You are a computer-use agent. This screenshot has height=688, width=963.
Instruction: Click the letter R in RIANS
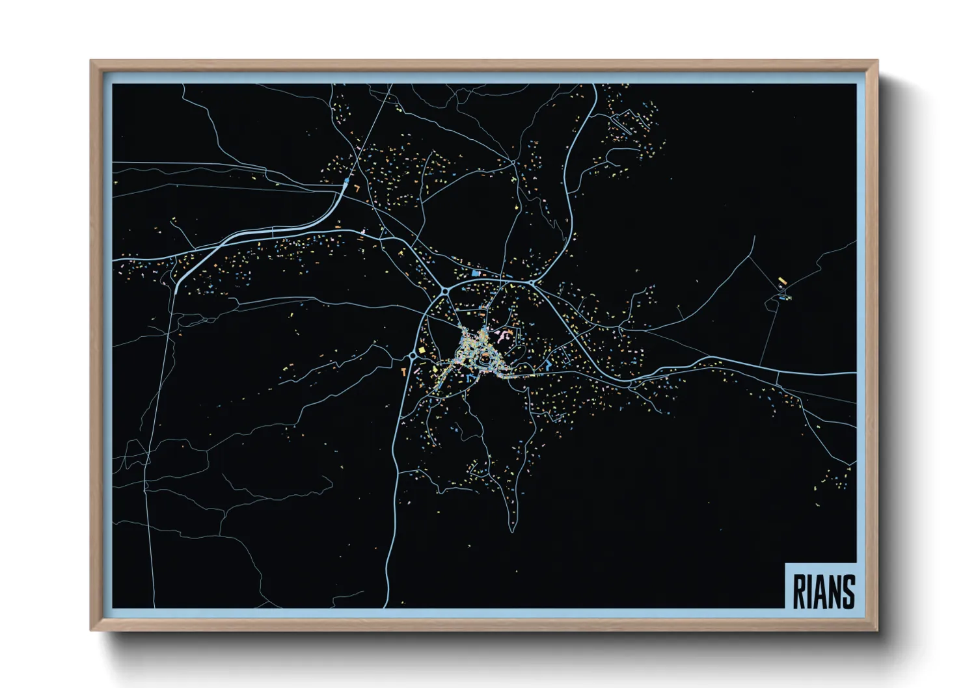(800, 591)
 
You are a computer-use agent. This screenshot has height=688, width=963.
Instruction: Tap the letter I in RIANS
(811, 591)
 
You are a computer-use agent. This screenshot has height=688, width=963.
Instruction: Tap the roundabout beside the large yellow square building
(413, 356)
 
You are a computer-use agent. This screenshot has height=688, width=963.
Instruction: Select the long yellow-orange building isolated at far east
(783, 281)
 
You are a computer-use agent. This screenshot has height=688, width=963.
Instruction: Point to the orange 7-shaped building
(357, 188)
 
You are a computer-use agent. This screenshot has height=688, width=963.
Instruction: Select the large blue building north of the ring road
(476, 274)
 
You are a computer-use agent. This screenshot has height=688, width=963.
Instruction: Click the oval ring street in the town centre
(485, 358)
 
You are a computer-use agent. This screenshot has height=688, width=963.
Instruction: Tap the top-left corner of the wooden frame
(91, 61)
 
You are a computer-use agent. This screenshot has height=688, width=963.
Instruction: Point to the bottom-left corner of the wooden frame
(91, 629)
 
